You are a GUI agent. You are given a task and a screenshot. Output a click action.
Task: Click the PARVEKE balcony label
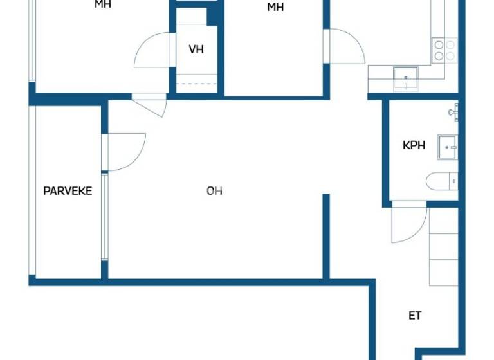click(x=68, y=191)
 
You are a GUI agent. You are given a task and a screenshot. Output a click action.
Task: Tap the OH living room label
click(x=215, y=191)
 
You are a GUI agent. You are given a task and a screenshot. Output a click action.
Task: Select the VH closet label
click(x=196, y=50)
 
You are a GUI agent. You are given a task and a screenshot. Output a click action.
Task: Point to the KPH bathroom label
click(x=414, y=145)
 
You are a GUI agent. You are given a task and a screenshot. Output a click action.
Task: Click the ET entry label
click(x=416, y=316)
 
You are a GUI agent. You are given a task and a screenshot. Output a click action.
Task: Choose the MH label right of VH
click(x=275, y=8)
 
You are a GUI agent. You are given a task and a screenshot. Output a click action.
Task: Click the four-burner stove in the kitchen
click(x=444, y=50)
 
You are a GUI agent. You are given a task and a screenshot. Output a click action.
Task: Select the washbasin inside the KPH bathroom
click(x=448, y=147)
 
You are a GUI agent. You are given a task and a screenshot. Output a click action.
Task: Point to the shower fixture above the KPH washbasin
click(x=454, y=113)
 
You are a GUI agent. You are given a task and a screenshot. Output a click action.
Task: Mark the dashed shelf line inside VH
click(x=196, y=84)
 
